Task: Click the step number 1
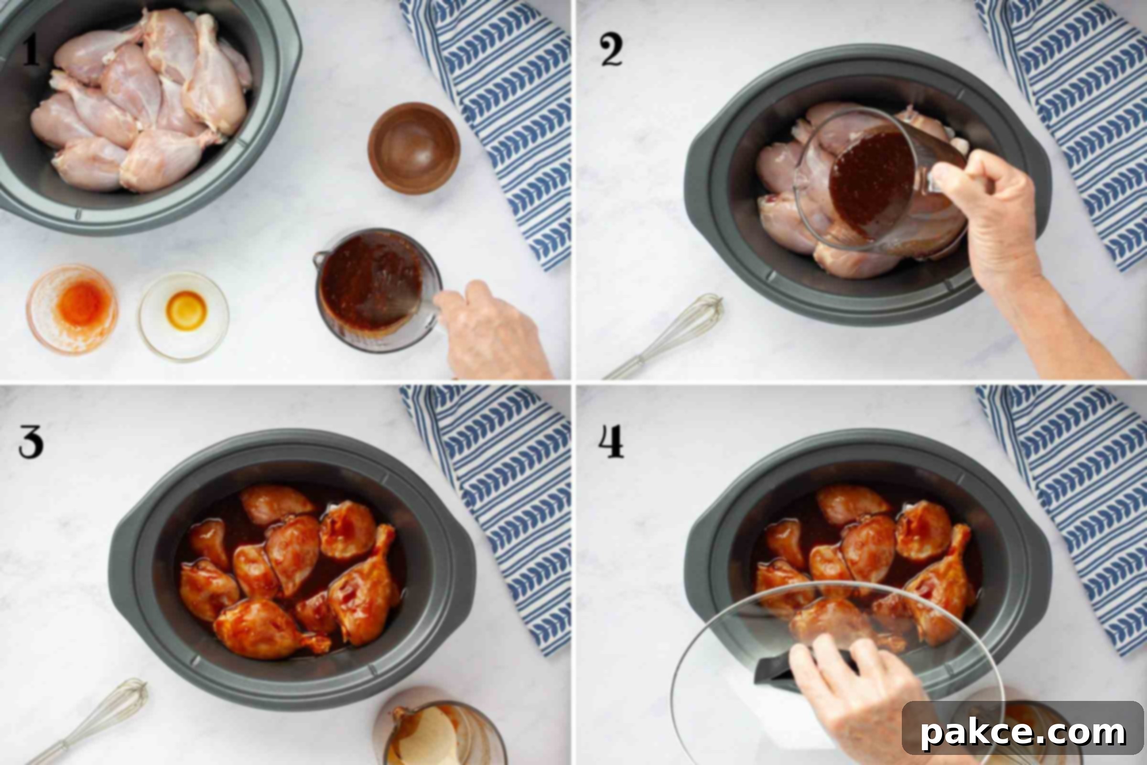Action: click(x=31, y=51)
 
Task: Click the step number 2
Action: click(x=612, y=52)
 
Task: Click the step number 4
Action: click(x=611, y=442)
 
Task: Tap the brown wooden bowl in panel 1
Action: click(x=414, y=148)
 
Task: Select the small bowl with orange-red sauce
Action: click(x=72, y=309)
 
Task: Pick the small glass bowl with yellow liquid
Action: click(x=184, y=315)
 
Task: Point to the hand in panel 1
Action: click(x=493, y=332)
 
